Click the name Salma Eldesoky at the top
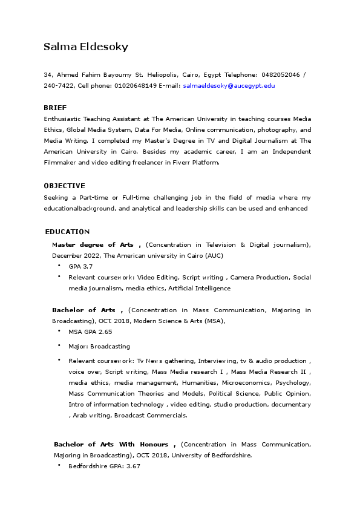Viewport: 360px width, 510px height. [x=85, y=47]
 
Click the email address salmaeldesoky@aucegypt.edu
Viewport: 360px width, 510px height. [x=229, y=86]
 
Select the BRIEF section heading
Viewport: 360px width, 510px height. [x=55, y=108]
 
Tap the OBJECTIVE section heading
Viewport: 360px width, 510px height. [x=64, y=186]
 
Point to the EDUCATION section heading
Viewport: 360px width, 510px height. [x=67, y=232]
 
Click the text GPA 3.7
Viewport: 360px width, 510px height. [x=80, y=266]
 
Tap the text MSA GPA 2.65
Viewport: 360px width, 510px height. [x=90, y=332]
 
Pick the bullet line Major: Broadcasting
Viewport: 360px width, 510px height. [x=99, y=347]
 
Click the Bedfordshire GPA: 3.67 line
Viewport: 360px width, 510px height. [x=104, y=466]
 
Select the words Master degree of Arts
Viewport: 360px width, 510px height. [x=93, y=244]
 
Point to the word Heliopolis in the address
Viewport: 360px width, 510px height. [x=159, y=74]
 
